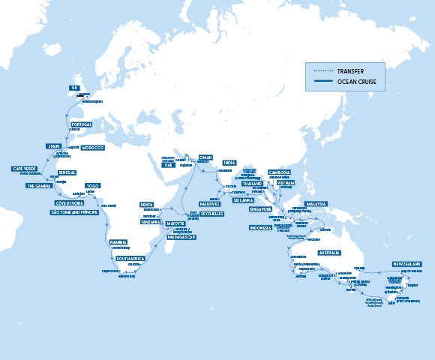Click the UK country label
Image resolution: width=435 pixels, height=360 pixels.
coord(74,88)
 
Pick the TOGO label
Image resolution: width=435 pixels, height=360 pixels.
coord(92,185)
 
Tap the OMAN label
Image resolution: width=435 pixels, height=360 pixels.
coord(205,157)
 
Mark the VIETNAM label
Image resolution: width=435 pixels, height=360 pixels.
coord(286,181)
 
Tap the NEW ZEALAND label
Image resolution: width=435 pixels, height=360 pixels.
coord(406,265)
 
